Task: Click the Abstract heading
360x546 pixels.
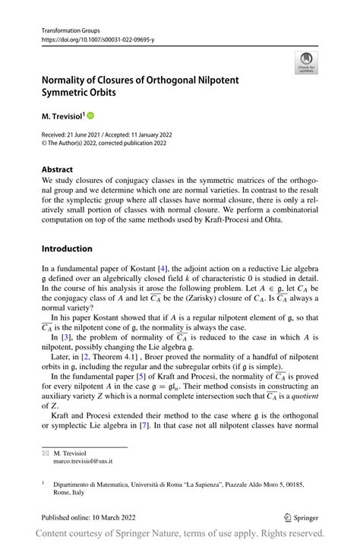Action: [x=58, y=169]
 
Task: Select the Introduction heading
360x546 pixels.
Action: [x=67, y=248]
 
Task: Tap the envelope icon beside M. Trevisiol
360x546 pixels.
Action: [x=46, y=453]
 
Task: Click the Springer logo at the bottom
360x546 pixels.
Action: [x=300, y=517]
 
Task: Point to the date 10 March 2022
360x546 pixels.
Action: [x=113, y=517]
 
